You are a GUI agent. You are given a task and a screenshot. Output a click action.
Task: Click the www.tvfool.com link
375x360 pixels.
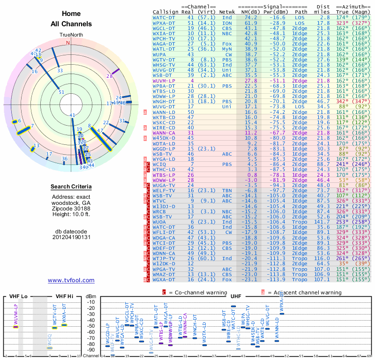[x=71, y=280]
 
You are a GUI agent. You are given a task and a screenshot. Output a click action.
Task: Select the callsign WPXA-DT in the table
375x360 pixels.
[x=164, y=22]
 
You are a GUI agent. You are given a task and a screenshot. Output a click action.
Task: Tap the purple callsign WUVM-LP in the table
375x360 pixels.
[x=164, y=81]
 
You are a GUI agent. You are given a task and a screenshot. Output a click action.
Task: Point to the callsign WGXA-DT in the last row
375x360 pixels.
[x=164, y=279]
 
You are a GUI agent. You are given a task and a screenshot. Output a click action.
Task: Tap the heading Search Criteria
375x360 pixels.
[x=71, y=187]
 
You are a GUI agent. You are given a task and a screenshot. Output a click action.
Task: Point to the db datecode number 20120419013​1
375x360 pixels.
[x=71, y=237]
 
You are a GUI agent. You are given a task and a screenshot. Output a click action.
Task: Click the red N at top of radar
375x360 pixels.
[x=68, y=43]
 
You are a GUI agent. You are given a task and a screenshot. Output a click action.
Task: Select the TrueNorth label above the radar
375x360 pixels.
[x=71, y=36]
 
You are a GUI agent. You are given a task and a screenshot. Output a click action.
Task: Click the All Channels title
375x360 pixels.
[x=71, y=24]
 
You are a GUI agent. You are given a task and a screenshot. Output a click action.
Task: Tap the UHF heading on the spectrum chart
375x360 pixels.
[x=236, y=297]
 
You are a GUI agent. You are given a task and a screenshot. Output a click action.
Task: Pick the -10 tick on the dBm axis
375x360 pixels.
[x=91, y=302]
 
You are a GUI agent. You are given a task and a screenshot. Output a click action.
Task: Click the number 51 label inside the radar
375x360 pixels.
[x=61, y=92]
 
